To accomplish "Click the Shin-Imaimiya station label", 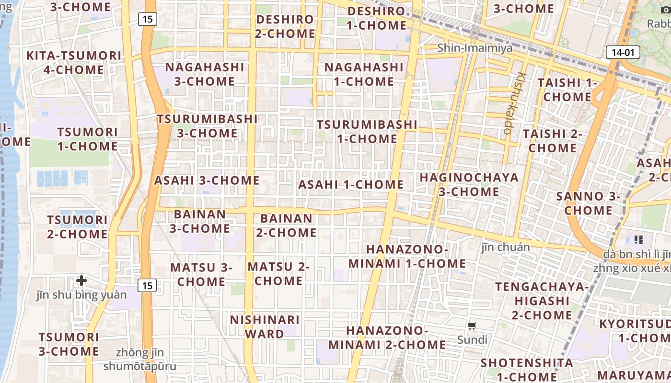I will (475, 48).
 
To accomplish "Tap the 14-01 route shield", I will (623, 52).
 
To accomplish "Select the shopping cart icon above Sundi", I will (472, 326).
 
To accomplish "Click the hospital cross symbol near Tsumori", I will (81, 280).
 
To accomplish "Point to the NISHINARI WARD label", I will (265, 327).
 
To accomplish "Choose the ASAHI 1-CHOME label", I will (351, 184).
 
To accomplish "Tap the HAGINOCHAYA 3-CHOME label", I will (469, 184).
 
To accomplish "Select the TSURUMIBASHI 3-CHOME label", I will (207, 125).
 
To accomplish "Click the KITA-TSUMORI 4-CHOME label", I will (74, 62).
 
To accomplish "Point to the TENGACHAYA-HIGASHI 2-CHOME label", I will (542, 301).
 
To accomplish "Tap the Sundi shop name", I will (472, 340).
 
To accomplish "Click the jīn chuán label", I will (506, 247).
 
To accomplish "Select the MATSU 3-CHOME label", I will (201, 274).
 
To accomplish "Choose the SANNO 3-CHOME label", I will (588, 203).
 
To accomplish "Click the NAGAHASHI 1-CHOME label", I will (364, 74).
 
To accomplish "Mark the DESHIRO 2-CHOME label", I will (285, 26).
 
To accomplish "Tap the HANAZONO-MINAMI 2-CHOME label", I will (387, 338).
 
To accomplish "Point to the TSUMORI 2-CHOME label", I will (77, 227).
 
